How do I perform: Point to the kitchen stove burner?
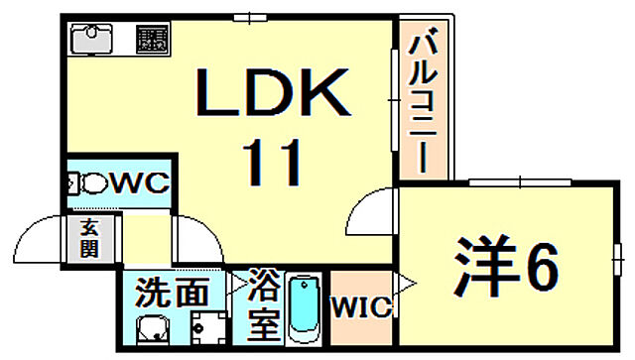point(151,40)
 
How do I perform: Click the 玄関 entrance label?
point(89,238)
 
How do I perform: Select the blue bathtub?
point(302,309)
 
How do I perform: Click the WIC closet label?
point(360,307)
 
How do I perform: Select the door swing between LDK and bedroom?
point(374,209)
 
